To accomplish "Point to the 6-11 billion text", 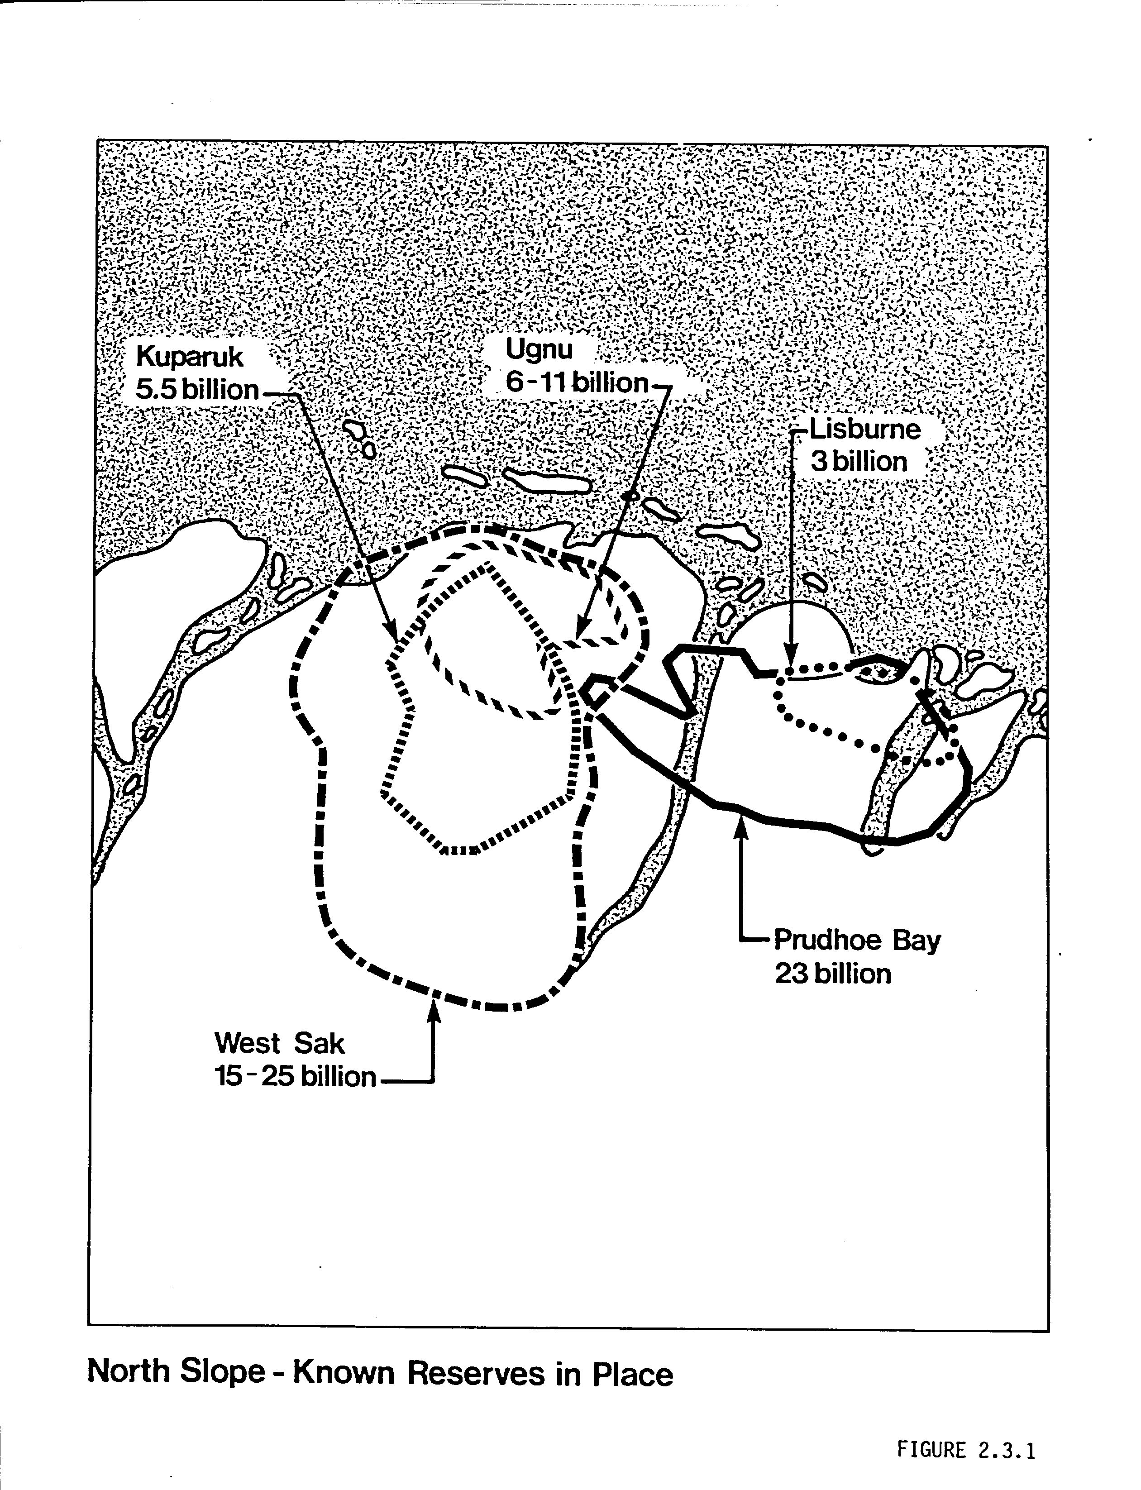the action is click(578, 383).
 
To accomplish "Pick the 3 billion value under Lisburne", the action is click(859, 462).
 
